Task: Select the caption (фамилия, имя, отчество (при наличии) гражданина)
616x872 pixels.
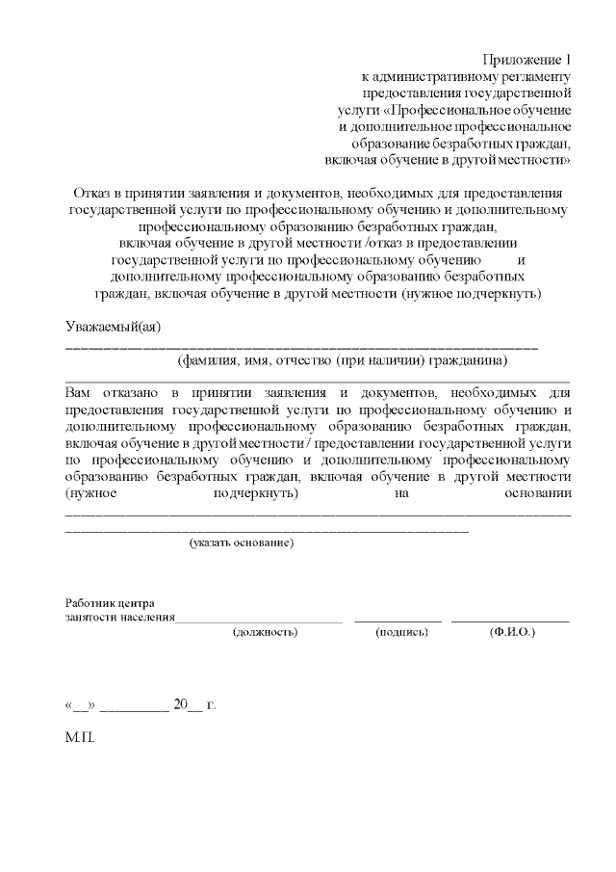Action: click(x=343, y=361)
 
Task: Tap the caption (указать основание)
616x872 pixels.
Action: click(x=241, y=543)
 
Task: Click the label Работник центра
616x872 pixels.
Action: click(x=109, y=603)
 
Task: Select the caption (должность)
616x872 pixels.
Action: click(x=265, y=632)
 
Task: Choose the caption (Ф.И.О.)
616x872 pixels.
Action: click(x=512, y=632)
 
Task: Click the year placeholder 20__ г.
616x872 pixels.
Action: click(x=194, y=704)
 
